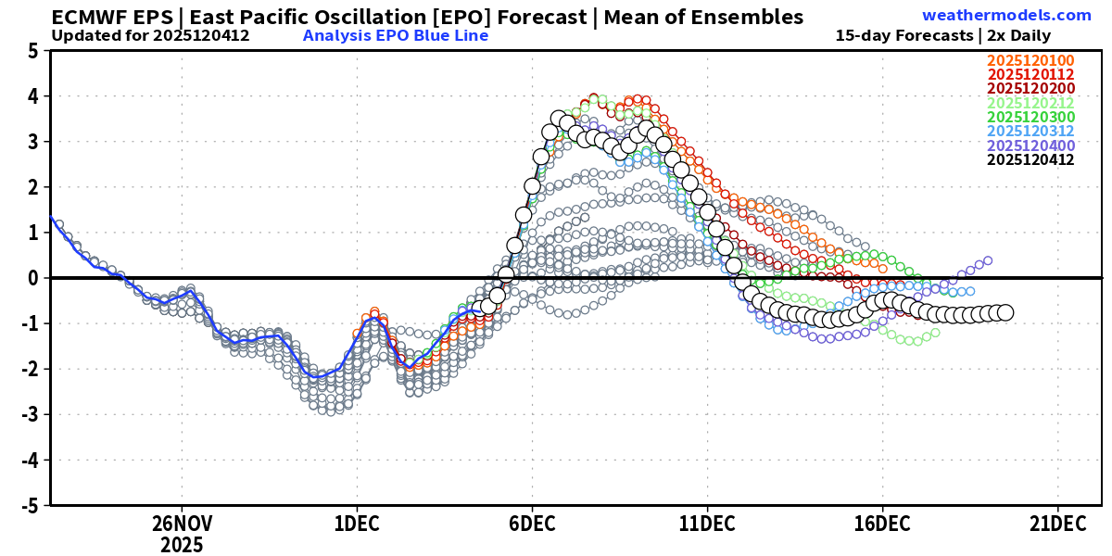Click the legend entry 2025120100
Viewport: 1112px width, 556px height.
pyautogui.click(x=1030, y=61)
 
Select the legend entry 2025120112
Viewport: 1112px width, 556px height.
pyautogui.click(x=1030, y=75)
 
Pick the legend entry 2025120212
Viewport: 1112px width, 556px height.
pyautogui.click(x=1030, y=103)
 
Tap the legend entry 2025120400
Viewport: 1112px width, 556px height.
pyautogui.click(x=1030, y=145)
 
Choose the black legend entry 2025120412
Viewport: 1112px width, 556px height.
pyautogui.click(x=1030, y=159)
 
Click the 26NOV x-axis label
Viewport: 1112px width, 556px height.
pyautogui.click(x=182, y=523)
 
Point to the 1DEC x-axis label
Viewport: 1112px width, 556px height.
pyautogui.click(x=357, y=523)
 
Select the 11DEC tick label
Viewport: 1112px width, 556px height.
pyautogui.click(x=707, y=523)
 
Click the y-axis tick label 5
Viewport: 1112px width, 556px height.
pyautogui.click(x=32, y=52)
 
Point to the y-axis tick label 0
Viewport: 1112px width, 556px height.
pyautogui.click(x=32, y=278)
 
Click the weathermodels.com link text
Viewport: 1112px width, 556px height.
pyautogui.click(x=1006, y=15)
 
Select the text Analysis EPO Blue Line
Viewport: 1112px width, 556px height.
pyautogui.click(x=396, y=36)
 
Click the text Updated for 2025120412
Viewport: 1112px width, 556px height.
pyautogui.click(x=150, y=36)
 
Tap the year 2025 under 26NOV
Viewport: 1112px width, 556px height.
pyautogui.click(x=182, y=543)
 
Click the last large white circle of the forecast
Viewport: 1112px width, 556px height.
pyautogui.click(x=1005, y=312)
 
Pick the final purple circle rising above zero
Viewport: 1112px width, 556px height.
pyautogui.click(x=988, y=260)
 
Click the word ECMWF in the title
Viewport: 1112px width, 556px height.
pyautogui.click(x=88, y=17)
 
